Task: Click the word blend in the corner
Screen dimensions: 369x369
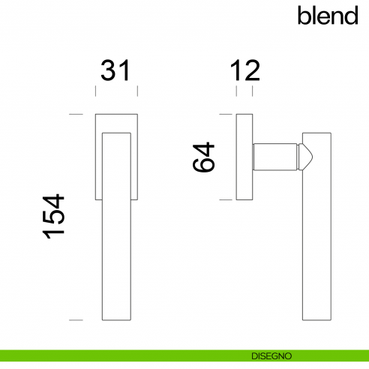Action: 328,15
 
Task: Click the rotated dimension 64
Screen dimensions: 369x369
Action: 204,157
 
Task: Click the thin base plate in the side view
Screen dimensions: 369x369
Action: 244,157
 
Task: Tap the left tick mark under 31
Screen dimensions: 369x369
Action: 95,91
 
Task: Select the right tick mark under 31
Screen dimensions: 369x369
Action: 138,91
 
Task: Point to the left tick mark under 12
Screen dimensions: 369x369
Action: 236,91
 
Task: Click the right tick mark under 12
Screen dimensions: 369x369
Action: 251,91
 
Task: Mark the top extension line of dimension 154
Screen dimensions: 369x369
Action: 74,115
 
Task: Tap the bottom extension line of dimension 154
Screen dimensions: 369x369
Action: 74,320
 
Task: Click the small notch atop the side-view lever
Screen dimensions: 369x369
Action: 304,136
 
